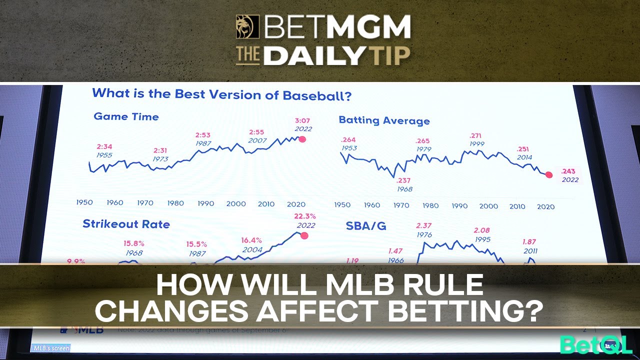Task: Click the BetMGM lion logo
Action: coord(248,26)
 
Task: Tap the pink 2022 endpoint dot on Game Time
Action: coord(302,139)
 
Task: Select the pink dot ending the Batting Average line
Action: coord(549,174)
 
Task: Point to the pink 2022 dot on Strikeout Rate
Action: coord(304,235)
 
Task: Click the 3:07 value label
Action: coord(303,120)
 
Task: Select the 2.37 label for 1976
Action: coord(423,225)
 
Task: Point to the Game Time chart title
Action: coord(126,116)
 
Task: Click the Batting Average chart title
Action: coord(384,120)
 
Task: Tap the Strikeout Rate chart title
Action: coord(126,223)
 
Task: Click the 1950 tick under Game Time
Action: coord(84,202)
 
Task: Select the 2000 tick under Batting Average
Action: coord(488,206)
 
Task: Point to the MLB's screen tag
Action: coord(51,347)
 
